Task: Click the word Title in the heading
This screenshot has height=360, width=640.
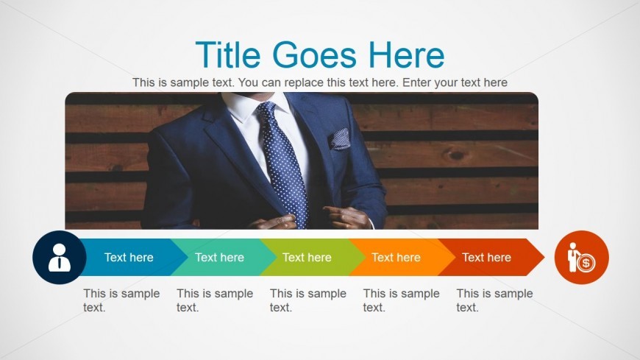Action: click(x=228, y=54)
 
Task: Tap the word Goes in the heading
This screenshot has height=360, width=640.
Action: click(x=314, y=54)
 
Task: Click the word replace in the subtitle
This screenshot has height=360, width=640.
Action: click(x=303, y=82)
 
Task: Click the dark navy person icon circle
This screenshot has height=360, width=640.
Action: click(x=60, y=258)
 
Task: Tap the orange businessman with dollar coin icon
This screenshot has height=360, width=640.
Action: click(x=582, y=258)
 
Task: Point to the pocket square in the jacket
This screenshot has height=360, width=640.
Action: click(x=340, y=139)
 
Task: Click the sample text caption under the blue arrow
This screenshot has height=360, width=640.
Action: click(x=121, y=300)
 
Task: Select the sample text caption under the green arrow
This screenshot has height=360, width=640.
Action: click(x=307, y=300)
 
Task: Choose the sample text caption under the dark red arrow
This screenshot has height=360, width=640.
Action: click(x=494, y=300)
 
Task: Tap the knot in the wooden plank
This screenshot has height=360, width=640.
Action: click(x=455, y=155)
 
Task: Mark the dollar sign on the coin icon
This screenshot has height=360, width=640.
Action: click(x=586, y=263)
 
